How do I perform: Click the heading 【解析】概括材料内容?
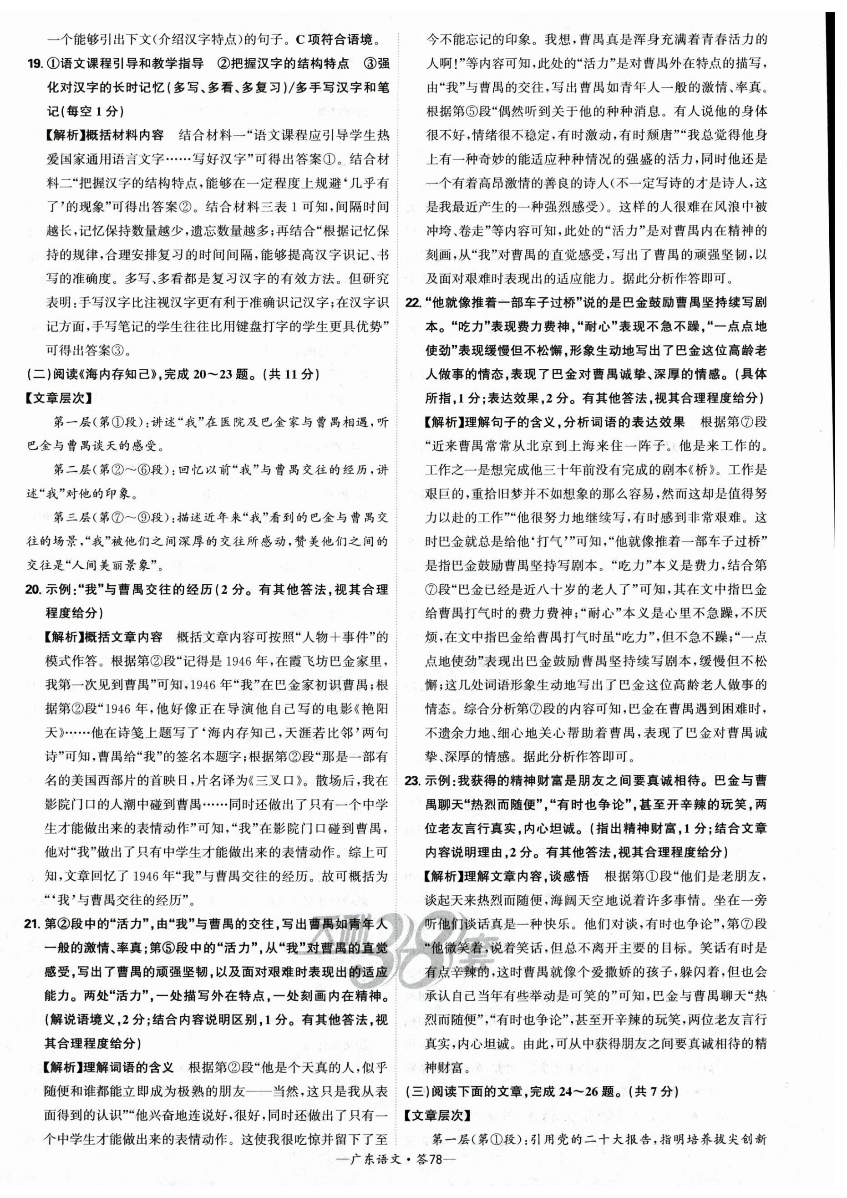(104, 135)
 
